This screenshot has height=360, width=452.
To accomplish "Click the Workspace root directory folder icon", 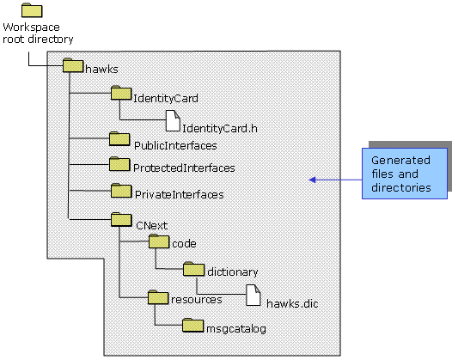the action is tap(32, 10).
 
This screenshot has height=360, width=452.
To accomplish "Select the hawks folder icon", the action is tap(73, 65).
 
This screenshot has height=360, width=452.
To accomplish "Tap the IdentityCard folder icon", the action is tap(121, 93).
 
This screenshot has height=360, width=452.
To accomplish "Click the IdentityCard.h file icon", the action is tap(173, 121).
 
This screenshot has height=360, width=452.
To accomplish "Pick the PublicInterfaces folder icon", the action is tap(119, 139).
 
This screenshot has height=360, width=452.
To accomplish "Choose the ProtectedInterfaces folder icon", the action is tap(119, 164).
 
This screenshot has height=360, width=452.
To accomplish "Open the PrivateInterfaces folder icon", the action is tap(121, 191).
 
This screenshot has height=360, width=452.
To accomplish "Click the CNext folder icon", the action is tap(122, 220).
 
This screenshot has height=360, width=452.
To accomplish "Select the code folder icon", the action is tap(159, 241).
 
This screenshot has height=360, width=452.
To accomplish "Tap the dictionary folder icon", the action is tap(193, 269).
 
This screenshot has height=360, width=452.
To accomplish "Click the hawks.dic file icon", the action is tap(253, 296).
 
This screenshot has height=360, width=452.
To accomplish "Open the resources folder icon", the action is tap(158, 297).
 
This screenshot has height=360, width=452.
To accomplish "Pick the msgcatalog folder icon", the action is tap(192, 325).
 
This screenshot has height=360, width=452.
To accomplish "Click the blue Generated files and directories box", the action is tap(405, 174).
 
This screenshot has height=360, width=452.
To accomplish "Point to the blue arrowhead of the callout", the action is tap(312, 180).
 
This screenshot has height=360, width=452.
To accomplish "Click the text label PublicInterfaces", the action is tap(175, 145).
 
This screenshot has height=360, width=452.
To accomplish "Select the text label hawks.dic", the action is tap(292, 303).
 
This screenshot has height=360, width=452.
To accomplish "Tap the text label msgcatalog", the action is tap(236, 329).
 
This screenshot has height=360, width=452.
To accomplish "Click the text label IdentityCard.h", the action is tap(220, 128).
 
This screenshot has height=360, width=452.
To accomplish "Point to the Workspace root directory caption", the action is tap(38, 34).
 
